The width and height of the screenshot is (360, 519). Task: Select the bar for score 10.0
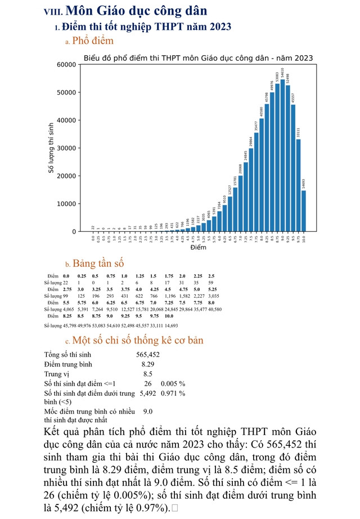(x=304, y=211)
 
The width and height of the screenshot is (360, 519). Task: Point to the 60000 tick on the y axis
(x=67, y=65)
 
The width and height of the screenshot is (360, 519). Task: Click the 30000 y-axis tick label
(x=67, y=148)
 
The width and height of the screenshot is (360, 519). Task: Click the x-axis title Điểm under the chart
(x=198, y=248)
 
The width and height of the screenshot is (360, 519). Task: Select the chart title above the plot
(x=198, y=58)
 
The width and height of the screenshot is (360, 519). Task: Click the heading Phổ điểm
(x=93, y=41)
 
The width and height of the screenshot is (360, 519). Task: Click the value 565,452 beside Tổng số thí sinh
(x=148, y=355)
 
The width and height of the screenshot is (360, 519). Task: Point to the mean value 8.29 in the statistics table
(x=148, y=364)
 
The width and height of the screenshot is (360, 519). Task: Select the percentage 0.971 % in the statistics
(x=173, y=393)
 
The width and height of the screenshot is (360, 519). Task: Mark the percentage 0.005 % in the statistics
(x=173, y=383)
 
